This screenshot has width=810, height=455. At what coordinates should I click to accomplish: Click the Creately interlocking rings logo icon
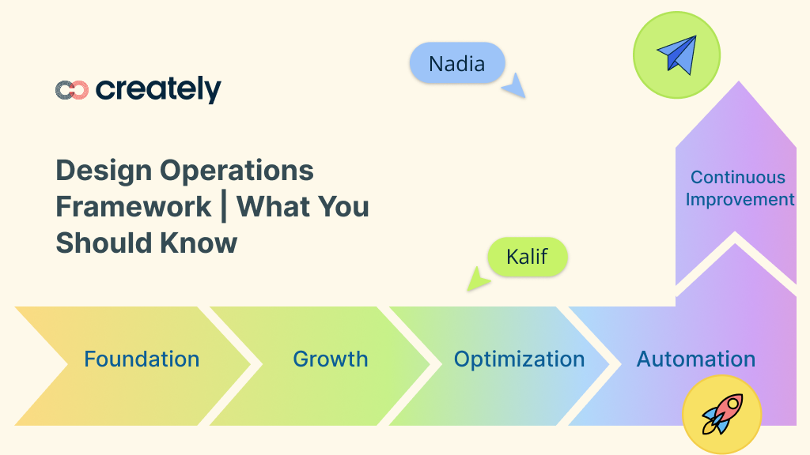point(71,90)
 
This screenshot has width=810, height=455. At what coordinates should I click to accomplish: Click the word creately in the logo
point(158,89)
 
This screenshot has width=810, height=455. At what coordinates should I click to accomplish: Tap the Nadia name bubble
point(456,63)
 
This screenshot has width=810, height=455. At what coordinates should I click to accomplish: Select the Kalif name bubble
point(527,257)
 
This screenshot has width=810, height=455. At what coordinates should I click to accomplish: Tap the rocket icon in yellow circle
point(721,415)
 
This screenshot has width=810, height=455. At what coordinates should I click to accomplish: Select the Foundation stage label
point(142,359)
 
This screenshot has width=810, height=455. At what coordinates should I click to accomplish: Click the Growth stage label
point(330,359)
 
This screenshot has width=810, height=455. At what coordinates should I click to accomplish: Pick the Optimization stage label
point(519,359)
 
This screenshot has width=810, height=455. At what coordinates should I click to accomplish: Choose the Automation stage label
point(696,359)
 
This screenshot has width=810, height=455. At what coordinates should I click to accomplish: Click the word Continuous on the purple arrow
point(738,178)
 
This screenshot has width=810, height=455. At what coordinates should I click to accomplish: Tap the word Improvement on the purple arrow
point(740,199)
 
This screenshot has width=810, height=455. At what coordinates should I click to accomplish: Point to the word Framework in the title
point(133,207)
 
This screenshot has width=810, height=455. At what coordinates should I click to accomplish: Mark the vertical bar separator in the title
point(225,207)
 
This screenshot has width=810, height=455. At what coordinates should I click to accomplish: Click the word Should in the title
point(105,243)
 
